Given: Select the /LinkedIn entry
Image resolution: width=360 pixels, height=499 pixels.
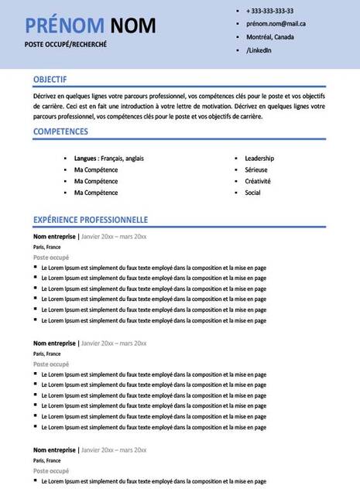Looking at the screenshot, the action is click(x=259, y=50).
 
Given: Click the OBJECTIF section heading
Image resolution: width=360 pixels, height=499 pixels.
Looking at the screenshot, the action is click(x=50, y=79).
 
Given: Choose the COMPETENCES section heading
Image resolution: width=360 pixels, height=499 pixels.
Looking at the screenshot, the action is click(x=60, y=132).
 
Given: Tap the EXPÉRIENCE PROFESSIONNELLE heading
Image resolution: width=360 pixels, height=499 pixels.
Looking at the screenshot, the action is click(x=91, y=219).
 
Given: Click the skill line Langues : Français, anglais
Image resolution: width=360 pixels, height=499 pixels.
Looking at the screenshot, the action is click(x=108, y=158).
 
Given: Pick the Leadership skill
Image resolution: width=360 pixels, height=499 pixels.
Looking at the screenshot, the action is click(x=259, y=158).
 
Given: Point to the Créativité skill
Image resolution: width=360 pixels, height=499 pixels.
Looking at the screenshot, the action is click(x=258, y=181).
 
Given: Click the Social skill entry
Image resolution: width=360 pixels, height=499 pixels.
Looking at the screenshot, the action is click(x=252, y=193).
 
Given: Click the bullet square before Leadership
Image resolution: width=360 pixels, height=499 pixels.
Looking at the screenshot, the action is click(x=235, y=158).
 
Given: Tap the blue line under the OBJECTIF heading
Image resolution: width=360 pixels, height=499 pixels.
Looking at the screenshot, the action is click(x=180, y=87).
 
